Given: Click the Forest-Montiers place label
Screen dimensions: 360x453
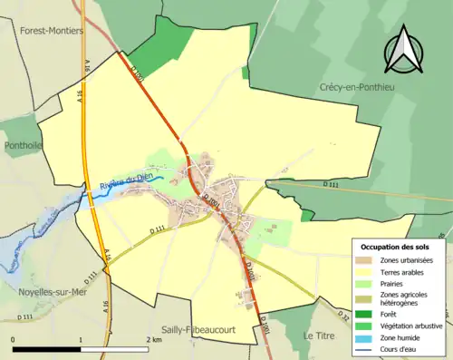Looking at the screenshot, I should [51, 30].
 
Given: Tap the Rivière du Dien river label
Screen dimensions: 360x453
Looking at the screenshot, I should [120, 186].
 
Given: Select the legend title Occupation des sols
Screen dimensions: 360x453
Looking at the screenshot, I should [401, 246].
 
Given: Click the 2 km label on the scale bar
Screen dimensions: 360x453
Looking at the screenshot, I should [154, 340].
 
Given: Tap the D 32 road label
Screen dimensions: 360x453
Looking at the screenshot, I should [343, 316].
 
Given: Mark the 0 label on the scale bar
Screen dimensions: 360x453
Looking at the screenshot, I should [14, 340].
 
